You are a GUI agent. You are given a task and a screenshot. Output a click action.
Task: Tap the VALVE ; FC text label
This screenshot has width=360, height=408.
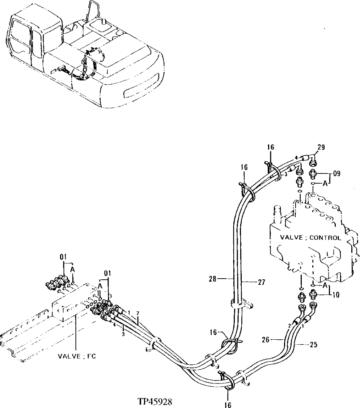[77, 356]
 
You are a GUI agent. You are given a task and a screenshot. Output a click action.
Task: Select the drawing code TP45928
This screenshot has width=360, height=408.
[155, 401]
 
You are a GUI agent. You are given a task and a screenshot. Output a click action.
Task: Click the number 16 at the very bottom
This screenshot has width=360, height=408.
[228, 405]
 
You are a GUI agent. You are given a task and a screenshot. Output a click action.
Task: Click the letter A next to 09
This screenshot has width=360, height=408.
[325, 184]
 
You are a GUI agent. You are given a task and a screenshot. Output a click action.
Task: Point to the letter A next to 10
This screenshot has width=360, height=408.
[325, 285]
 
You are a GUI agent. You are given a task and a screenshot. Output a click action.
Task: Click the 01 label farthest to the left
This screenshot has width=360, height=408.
[64, 257]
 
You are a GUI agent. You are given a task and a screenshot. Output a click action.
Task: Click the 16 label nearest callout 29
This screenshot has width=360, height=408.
[271, 147]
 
